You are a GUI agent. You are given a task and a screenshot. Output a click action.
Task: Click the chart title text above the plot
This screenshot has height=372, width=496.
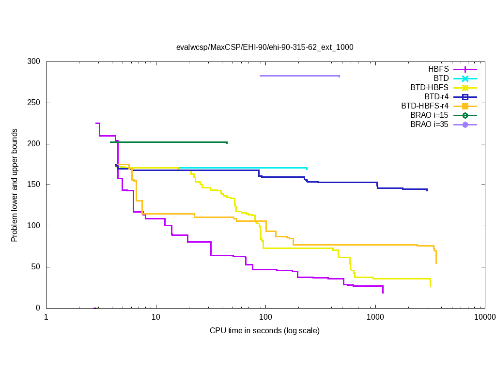coord(264,47)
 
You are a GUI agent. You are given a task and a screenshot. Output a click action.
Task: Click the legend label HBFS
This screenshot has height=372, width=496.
coord(438,69)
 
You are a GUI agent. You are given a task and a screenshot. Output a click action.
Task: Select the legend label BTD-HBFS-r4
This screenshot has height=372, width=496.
coord(425,106)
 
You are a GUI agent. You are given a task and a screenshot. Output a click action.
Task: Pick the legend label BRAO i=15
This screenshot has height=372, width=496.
coord(429,115)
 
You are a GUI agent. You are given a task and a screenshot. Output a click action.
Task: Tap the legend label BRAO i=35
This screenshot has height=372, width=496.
coord(429,124)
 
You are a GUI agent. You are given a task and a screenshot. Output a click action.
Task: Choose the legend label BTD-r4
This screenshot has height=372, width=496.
coord(436,97)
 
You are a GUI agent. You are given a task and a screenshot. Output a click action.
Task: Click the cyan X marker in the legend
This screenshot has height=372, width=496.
coord(465,78)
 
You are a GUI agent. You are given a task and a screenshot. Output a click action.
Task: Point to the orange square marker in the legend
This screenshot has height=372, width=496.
coord(465,106)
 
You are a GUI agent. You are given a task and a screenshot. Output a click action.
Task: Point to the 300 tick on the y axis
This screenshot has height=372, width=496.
coord(34,62)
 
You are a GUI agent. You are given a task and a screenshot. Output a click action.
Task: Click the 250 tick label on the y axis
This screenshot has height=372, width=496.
coord(34,103)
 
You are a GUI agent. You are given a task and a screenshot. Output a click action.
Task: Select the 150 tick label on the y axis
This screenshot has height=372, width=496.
coord(34,185)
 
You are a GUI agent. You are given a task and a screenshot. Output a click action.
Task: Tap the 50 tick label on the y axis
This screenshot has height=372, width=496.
coord(36,267)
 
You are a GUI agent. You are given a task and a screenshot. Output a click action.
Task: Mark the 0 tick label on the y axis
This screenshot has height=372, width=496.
coord(38,308)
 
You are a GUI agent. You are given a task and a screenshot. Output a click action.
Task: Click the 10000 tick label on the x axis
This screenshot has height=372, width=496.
coord(485,317)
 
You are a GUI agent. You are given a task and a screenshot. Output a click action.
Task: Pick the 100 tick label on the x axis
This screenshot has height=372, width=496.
coord(265,317)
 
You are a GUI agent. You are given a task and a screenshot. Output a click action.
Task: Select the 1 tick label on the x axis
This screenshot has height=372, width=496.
coord(46,317)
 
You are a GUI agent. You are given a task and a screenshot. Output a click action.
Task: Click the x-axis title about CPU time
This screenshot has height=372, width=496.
coord(264,331)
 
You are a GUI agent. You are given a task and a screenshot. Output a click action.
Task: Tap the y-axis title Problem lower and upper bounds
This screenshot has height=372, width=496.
coord(15,185)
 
